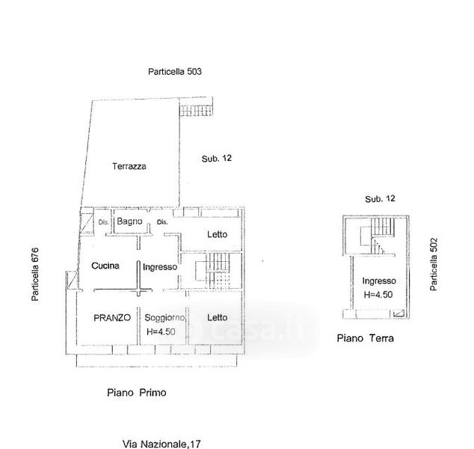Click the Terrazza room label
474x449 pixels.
129,166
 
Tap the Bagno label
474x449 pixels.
129,222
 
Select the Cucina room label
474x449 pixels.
105,266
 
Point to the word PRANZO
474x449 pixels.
112,318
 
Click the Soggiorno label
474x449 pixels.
164,318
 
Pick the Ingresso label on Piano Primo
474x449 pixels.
160,267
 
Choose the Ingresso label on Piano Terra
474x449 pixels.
379,281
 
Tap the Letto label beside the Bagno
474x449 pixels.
217,234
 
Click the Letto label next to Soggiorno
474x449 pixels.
217,317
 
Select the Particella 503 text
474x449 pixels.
175,72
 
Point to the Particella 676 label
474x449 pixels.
35,274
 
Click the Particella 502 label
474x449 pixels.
434,264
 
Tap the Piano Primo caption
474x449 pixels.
137,393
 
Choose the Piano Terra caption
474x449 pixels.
365,338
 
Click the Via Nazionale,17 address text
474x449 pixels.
161,444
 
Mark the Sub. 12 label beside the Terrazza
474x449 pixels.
217,158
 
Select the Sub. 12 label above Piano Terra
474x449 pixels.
380,199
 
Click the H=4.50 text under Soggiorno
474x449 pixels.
161,332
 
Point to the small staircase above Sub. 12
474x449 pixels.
196,110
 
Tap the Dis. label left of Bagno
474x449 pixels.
103,222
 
